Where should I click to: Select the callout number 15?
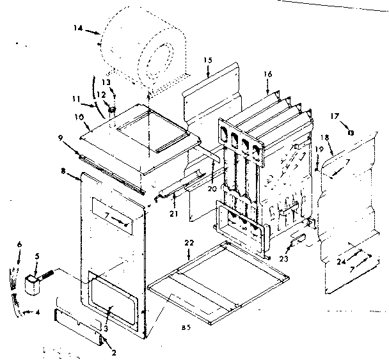207,61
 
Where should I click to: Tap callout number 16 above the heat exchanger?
267,75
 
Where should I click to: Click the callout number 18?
325,137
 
